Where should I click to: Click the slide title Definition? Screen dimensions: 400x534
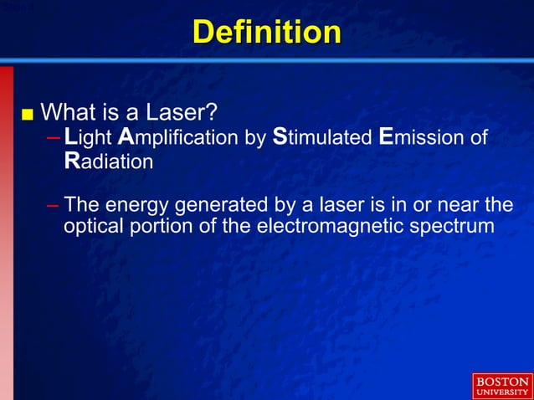(x=267, y=32)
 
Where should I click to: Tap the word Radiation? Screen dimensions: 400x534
(x=108, y=162)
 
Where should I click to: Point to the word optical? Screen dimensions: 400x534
(x=94, y=226)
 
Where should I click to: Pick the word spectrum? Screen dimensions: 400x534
(x=456, y=226)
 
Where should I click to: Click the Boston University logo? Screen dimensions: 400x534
(x=501, y=386)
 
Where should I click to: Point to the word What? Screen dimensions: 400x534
(x=68, y=111)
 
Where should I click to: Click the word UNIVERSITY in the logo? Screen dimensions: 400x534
(x=501, y=392)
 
